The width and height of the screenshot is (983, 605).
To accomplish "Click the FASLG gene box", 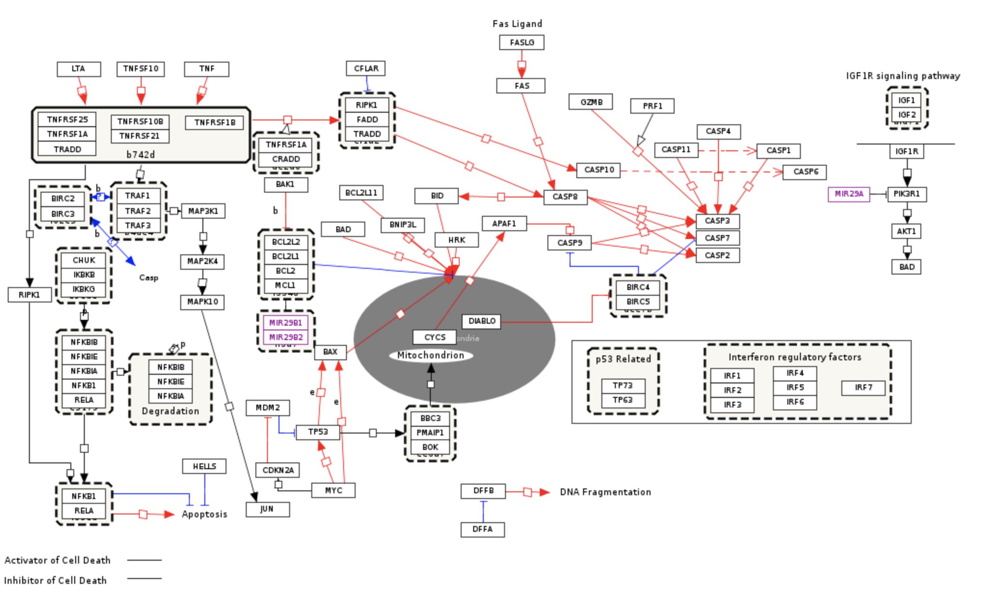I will [x=521, y=42].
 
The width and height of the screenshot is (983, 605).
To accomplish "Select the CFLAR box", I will [x=366, y=68].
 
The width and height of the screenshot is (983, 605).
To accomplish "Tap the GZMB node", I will [x=591, y=102].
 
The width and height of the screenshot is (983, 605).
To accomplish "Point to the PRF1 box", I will [x=652, y=106].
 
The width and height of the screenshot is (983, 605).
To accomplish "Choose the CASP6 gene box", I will [x=804, y=172].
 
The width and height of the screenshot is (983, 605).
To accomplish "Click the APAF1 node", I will [x=504, y=224].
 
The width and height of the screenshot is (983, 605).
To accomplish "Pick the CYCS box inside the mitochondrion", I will [x=435, y=337].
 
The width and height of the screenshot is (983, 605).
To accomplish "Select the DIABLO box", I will [x=481, y=321].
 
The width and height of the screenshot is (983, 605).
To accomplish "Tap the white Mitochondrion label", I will [x=431, y=355].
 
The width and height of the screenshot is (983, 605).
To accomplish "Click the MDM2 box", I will [x=267, y=408].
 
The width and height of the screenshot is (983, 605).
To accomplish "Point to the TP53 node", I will [x=318, y=432].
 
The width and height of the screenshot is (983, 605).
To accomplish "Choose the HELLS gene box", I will [x=204, y=466].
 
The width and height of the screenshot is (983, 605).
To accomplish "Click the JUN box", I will [x=267, y=509].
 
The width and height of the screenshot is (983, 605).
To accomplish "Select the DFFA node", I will [x=482, y=529].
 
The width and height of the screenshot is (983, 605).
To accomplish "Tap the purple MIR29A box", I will [x=849, y=194].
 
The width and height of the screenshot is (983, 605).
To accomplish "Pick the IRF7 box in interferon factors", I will [x=863, y=388].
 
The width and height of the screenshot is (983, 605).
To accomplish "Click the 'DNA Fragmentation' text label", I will [x=605, y=492].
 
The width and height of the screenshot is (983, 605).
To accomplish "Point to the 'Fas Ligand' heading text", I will [x=517, y=24].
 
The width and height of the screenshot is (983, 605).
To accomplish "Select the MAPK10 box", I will [x=202, y=302].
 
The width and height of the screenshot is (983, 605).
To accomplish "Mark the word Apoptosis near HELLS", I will [x=204, y=514].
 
